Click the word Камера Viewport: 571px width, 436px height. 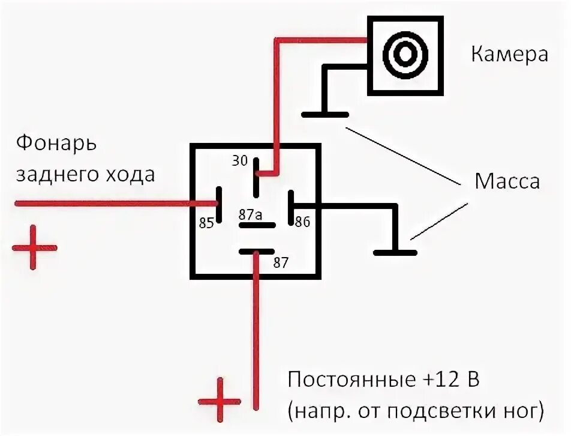tap(509, 55)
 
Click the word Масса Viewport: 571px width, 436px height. tap(507, 181)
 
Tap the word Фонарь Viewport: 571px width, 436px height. tap(56, 144)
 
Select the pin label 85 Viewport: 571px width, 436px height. tap(207, 223)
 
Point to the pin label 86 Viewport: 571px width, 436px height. tap(302, 222)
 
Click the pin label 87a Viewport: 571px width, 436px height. tap(250, 214)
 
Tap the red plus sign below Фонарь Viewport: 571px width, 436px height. tap(34, 247)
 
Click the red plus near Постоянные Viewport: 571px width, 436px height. tap(220, 401)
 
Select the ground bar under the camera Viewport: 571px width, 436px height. tap(325, 114)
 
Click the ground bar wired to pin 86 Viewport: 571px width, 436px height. tap(395, 252)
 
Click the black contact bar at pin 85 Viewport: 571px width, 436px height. tap(220, 204)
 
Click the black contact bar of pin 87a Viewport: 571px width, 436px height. tap(257, 226)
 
